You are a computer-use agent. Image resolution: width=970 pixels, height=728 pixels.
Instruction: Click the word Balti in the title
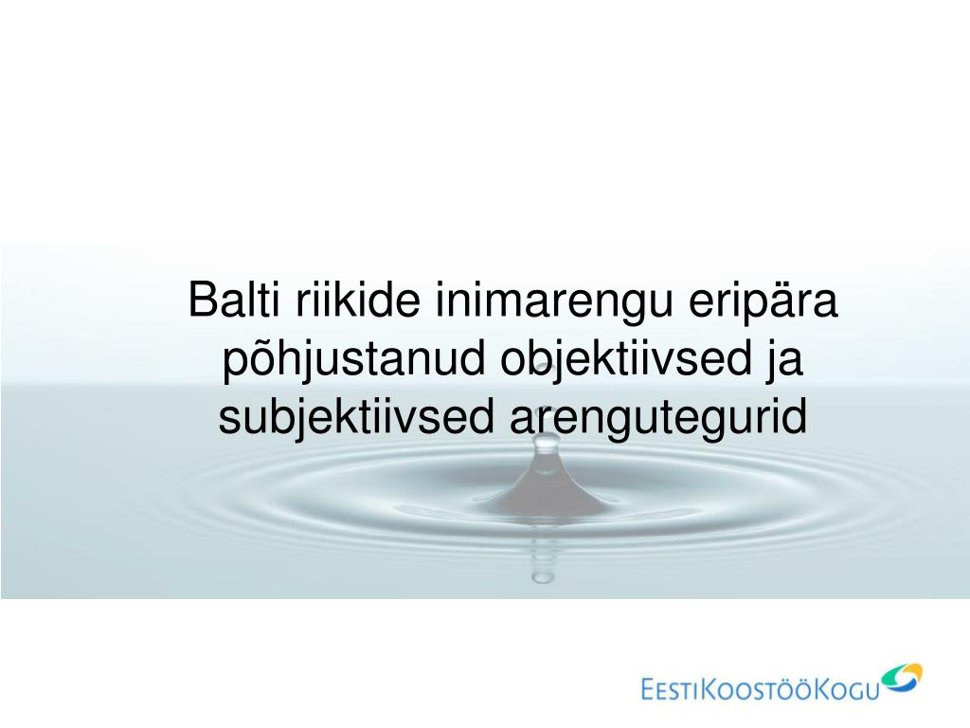[234, 299]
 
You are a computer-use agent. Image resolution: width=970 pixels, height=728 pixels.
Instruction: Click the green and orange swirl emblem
[902, 678]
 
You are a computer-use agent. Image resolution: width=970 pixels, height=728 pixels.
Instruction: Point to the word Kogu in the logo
[846, 689]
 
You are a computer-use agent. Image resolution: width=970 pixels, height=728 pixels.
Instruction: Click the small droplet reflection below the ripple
[543, 577]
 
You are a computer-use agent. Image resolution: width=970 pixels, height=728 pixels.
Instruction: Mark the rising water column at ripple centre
[545, 482]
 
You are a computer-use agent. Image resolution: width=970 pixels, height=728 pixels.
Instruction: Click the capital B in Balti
[201, 300]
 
